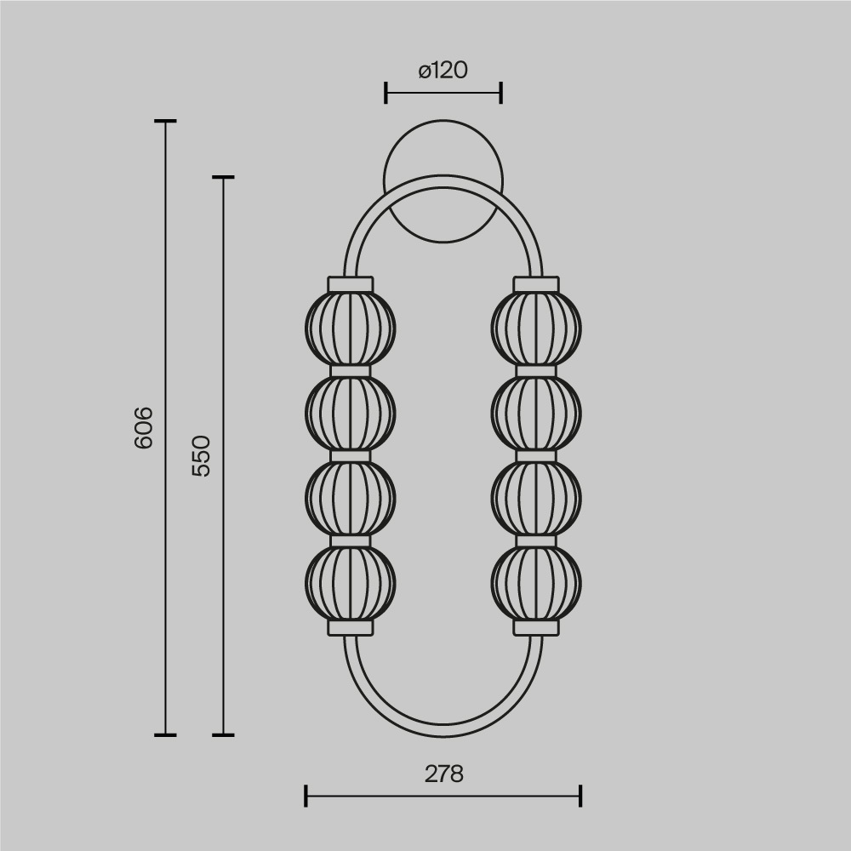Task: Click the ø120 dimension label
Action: tap(443, 70)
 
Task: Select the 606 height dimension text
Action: tap(144, 427)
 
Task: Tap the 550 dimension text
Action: tap(201, 455)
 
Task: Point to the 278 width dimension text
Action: tap(443, 774)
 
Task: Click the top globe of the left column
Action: tap(350, 328)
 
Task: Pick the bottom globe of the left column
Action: tap(350, 583)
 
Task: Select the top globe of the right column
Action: tap(536, 328)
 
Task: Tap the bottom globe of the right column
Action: tap(536, 583)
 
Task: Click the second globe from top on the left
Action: tap(350, 413)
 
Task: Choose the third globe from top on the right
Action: tap(536, 498)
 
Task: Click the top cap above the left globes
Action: tap(350, 283)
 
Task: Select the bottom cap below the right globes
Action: tap(536, 627)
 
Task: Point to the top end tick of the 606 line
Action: tap(165, 122)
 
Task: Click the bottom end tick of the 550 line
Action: tap(223, 734)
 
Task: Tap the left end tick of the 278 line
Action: tap(306, 797)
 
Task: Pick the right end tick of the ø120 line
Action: tap(500, 93)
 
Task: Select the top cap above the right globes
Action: tap(536, 283)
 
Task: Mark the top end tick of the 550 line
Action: tap(223, 177)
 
